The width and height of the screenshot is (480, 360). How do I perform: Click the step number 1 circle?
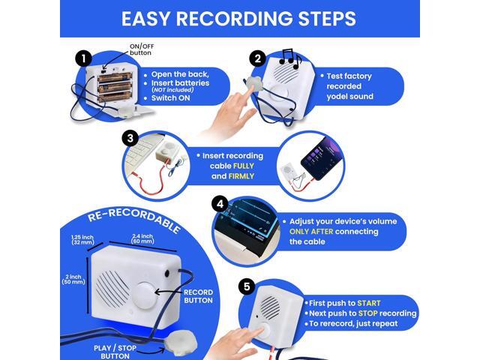84,58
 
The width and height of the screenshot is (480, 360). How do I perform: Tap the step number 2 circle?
258,58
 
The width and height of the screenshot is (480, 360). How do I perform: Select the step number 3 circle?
130,138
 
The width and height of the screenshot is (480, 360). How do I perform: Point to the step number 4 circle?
220,204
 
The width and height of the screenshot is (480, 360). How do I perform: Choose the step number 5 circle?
247,286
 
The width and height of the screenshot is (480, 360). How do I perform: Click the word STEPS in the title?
327,19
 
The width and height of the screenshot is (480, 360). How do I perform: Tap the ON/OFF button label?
142,49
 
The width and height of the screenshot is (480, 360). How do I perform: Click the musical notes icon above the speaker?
290,58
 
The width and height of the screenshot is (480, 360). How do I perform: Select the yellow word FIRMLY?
241,176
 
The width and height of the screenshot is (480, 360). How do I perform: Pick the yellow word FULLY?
243,166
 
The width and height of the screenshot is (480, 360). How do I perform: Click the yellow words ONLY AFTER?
311,232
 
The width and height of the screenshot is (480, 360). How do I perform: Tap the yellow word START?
369,303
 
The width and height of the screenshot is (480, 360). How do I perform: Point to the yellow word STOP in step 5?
368,313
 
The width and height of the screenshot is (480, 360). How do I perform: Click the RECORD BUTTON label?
198,296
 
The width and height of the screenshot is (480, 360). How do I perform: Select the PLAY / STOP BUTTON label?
115,352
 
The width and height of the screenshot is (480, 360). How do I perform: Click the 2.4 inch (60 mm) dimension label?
142,238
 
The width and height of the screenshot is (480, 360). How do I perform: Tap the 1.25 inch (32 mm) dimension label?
82,240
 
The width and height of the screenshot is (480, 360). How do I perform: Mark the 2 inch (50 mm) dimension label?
73,280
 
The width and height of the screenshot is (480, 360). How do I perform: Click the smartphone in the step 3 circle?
320,158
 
